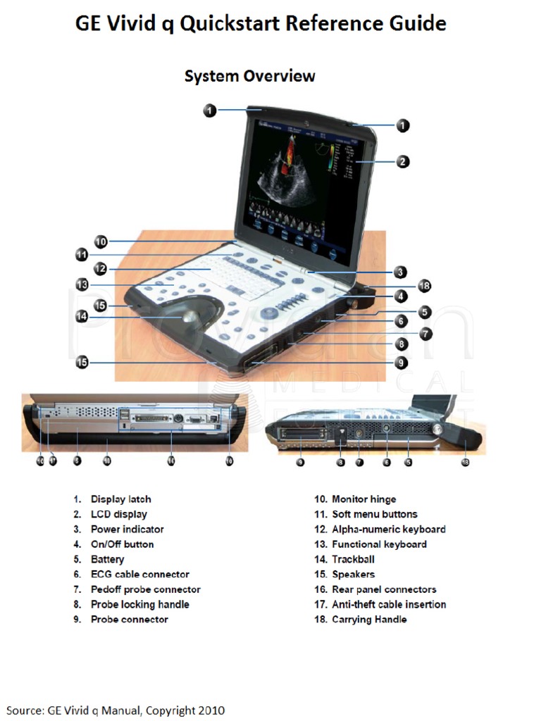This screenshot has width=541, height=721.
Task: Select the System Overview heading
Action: click(x=249, y=75)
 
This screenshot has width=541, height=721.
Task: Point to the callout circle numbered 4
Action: click(x=400, y=296)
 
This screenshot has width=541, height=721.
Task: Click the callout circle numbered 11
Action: click(x=82, y=254)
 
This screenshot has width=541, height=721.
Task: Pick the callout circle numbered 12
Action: click(x=99, y=268)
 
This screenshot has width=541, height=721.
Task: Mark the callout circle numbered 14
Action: click(x=82, y=317)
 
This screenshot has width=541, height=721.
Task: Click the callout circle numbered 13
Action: click(x=82, y=284)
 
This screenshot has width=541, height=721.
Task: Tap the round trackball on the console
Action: click(x=189, y=316)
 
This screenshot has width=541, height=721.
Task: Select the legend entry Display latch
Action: click(x=120, y=499)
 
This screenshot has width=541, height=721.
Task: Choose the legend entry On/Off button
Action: click(x=122, y=544)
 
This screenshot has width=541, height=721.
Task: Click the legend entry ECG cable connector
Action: click(x=139, y=575)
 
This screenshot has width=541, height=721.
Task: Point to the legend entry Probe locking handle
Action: click(x=139, y=604)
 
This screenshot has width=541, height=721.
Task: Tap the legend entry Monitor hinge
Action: click(x=363, y=499)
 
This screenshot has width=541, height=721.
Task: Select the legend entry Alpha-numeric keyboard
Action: click(x=388, y=529)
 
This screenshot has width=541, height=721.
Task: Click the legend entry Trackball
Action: click(x=353, y=559)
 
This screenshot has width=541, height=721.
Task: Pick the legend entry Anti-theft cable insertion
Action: click(x=388, y=604)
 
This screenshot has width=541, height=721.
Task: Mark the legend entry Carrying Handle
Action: click(x=369, y=620)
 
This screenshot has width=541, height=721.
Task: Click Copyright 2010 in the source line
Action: click(x=185, y=710)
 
